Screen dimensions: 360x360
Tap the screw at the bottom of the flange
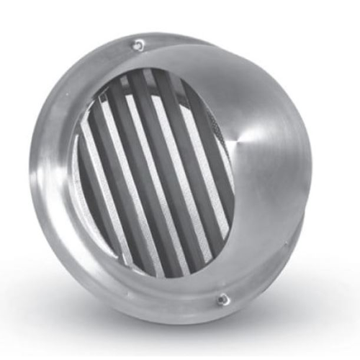coord(224,297)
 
